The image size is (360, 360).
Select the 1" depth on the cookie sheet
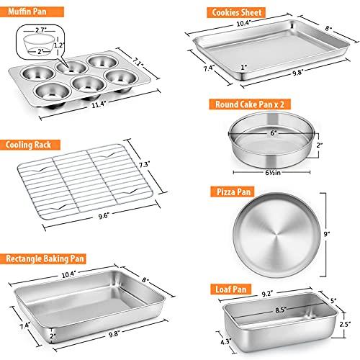click(243, 68)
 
